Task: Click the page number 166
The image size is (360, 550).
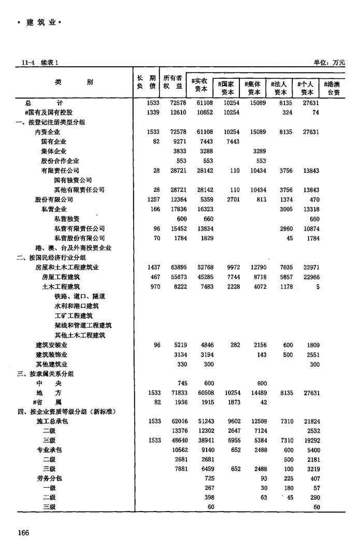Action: pyautogui.click(x=25, y=532)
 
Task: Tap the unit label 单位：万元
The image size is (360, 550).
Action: pyautogui.click(x=329, y=63)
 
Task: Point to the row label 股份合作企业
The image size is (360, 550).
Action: pyautogui.click(x=60, y=161)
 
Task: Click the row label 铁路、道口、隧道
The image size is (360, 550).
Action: pyautogui.click(x=80, y=296)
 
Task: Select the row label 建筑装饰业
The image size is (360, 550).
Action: pyautogui.click(x=51, y=355)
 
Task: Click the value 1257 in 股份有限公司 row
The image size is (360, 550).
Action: pyautogui.click(x=152, y=200)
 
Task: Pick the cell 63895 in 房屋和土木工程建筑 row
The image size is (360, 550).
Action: pyautogui.click(x=179, y=267)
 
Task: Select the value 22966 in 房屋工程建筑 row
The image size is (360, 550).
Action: pyautogui.click(x=310, y=277)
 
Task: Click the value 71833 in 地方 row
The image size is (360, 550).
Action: pyautogui.click(x=179, y=393)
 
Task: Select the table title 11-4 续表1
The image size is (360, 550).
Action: pyautogui.click(x=39, y=63)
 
